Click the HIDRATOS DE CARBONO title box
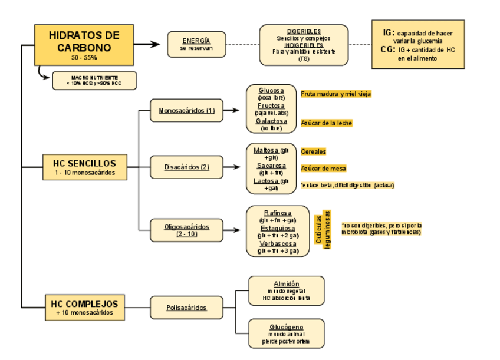(83, 45)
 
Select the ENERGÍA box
(196, 44)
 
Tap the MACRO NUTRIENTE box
(94, 81)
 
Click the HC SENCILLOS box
(84, 167)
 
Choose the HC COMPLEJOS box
(84, 308)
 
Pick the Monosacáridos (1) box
(186, 110)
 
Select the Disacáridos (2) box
(186, 167)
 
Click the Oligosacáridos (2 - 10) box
(186, 230)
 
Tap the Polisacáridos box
(186, 307)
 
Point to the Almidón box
(286, 290)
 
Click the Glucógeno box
(286, 333)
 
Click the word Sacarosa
(271, 166)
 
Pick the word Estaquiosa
(278, 228)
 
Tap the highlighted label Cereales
(313, 151)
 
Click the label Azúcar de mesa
(323, 168)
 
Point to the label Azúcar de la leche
(326, 123)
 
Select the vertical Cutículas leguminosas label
(323, 229)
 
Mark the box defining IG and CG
(417, 45)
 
